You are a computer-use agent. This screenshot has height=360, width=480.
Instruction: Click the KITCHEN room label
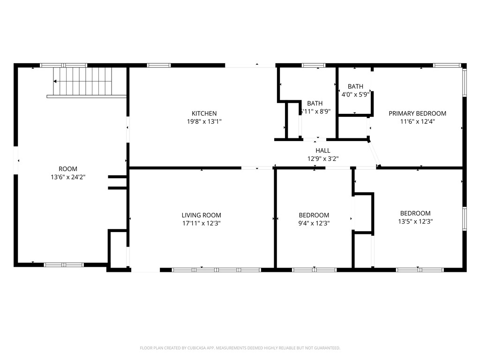(x=204, y=113)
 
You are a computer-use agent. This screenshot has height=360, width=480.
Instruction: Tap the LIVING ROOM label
(x=201, y=215)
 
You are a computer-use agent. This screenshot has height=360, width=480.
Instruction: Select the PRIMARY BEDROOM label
(x=417, y=113)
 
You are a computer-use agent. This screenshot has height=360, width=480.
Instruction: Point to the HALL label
(x=322, y=150)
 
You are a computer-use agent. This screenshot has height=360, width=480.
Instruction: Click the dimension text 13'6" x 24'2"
(x=67, y=177)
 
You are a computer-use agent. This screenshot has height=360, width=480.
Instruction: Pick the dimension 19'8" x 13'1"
(x=204, y=121)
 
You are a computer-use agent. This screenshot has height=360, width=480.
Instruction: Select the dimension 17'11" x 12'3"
(x=201, y=223)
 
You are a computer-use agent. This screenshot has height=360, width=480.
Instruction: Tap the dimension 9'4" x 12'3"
(x=314, y=223)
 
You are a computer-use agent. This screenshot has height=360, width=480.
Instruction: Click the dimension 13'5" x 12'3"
(x=415, y=221)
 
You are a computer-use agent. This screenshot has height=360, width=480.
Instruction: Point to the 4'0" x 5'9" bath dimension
(x=355, y=94)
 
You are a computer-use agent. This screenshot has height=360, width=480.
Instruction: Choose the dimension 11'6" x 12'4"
(x=417, y=121)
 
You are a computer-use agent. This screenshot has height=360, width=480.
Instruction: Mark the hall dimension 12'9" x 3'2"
(x=322, y=158)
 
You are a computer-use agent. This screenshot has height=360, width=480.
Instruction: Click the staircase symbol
(x=83, y=81)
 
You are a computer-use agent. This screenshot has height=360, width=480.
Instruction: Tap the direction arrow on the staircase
(x=56, y=82)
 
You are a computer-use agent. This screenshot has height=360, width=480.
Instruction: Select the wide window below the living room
(x=216, y=270)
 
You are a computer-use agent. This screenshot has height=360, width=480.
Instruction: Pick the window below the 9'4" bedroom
(x=314, y=270)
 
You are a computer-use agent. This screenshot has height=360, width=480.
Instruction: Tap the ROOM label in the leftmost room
(x=67, y=169)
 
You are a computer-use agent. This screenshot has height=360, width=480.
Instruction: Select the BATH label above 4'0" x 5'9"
(x=355, y=86)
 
